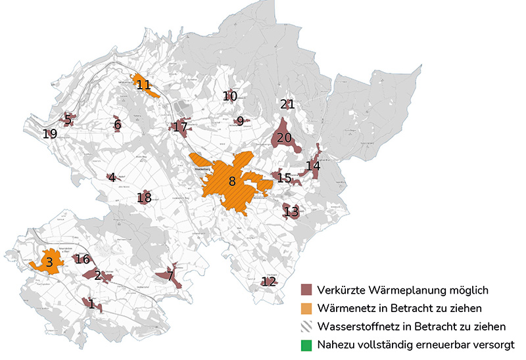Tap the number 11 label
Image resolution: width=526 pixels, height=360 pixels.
click(144, 85)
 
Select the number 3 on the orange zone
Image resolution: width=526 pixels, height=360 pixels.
click(49, 263)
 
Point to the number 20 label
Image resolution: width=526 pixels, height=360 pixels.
click(284, 137)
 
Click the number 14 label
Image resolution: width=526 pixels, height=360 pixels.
click(314, 166)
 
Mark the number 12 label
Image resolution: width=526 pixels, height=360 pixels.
click(268, 282)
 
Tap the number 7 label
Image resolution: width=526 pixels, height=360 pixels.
click(170, 276)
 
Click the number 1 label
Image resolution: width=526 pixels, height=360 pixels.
click(91, 304)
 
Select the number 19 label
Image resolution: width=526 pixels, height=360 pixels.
click(50, 134)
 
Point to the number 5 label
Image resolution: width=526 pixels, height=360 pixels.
click(67, 119)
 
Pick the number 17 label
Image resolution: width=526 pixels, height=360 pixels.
click(181, 126)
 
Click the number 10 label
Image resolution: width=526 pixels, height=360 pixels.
click(229, 97)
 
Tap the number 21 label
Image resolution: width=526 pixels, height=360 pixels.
click(287, 104)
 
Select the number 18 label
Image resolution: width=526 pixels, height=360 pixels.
click(144, 197)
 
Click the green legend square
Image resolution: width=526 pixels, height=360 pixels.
click(306, 345)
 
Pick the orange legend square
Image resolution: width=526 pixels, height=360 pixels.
click(306, 308)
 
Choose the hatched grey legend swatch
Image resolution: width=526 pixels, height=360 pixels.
click(306, 326)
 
